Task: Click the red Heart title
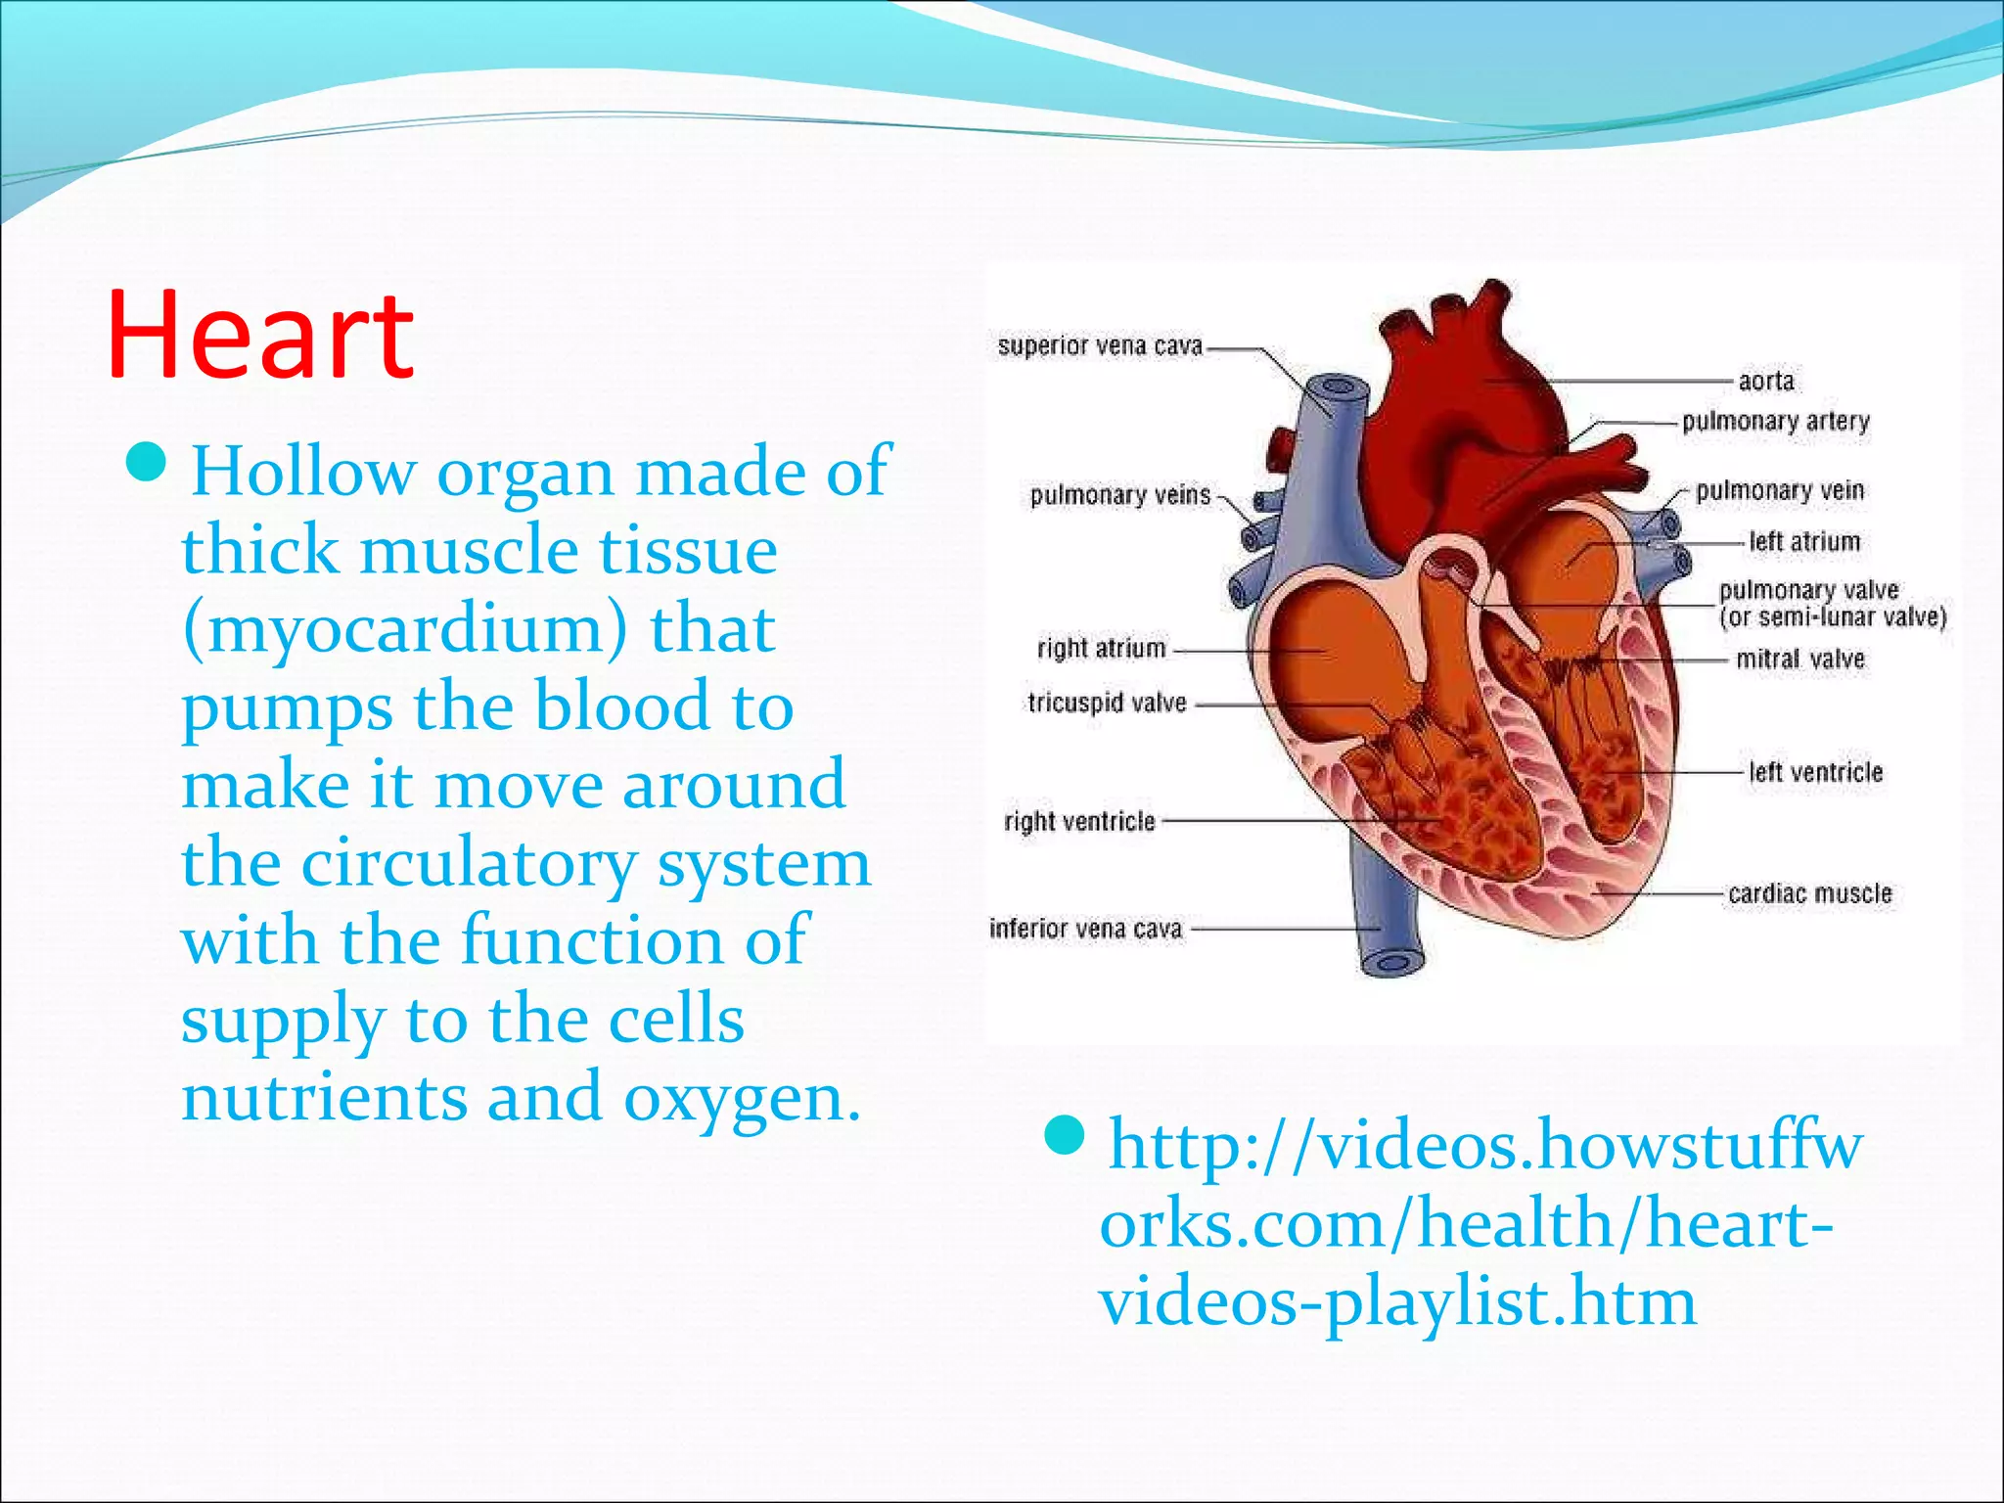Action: (x=260, y=335)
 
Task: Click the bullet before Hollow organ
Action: (x=149, y=463)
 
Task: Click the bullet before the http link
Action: (x=1066, y=1136)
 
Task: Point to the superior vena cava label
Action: (x=1099, y=346)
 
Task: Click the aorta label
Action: (x=1766, y=381)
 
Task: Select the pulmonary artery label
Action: (x=1775, y=422)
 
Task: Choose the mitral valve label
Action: (x=1799, y=660)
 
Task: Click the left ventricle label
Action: (x=1815, y=772)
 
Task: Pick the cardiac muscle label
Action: (x=1809, y=893)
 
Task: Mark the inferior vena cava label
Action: (x=1085, y=929)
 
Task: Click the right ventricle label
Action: (x=1079, y=821)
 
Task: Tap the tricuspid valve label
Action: (x=1107, y=703)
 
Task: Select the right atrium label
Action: (x=1101, y=649)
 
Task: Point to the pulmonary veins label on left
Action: (x=1120, y=496)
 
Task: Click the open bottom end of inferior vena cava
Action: (x=1389, y=963)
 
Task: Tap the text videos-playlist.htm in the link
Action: (x=1396, y=1303)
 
